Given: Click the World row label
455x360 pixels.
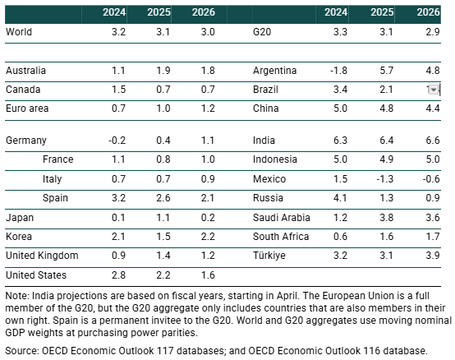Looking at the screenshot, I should tap(19, 32).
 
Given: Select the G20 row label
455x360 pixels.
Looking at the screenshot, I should tap(263, 32).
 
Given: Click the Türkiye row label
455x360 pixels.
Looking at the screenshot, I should tap(269, 256).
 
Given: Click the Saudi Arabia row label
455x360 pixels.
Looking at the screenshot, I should tap(282, 217).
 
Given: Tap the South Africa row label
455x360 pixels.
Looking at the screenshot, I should tap(281, 237).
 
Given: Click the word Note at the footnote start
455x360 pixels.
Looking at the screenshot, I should tap(16, 296).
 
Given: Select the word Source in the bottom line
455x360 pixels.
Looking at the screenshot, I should tap(21, 351).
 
